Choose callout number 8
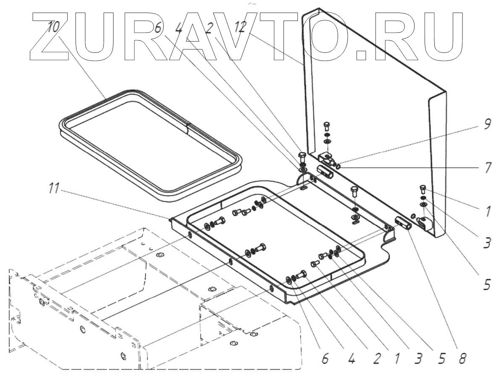click(462, 359)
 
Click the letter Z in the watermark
click(46, 36)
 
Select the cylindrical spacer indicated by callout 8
click(404, 222)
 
